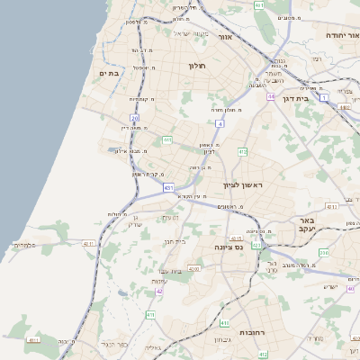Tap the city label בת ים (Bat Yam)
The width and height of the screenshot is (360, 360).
[109, 72]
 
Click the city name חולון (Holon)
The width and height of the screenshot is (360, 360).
[197, 66]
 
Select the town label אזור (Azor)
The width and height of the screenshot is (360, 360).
[225, 37]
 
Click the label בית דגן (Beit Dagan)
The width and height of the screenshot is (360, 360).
[295, 98]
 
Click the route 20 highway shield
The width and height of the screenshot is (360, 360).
[134, 118]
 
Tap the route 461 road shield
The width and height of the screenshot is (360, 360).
[259, 5]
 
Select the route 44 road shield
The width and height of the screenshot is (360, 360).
[270, 96]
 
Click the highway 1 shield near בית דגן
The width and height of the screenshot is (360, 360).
[323, 97]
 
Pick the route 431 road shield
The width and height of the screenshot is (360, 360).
[168, 188]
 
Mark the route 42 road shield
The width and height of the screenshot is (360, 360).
[159, 292]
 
